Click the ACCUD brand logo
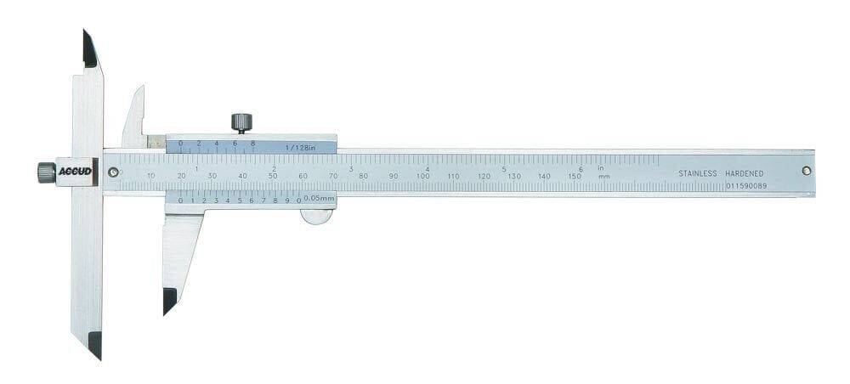coord(75,172)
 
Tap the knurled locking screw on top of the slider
coord(241,122)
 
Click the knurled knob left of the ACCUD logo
coord(46,172)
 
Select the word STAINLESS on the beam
coord(698,173)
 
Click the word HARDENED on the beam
coord(744,173)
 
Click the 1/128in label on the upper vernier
coord(301,147)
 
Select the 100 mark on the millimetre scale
coord(423,176)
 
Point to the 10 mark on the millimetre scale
coord(150,176)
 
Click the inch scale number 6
coord(581,168)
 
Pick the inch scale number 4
coord(428,168)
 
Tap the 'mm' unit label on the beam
coord(603,177)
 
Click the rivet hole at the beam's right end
coord(806,171)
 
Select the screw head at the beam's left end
coord(113,172)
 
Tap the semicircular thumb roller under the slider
coord(316,217)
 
